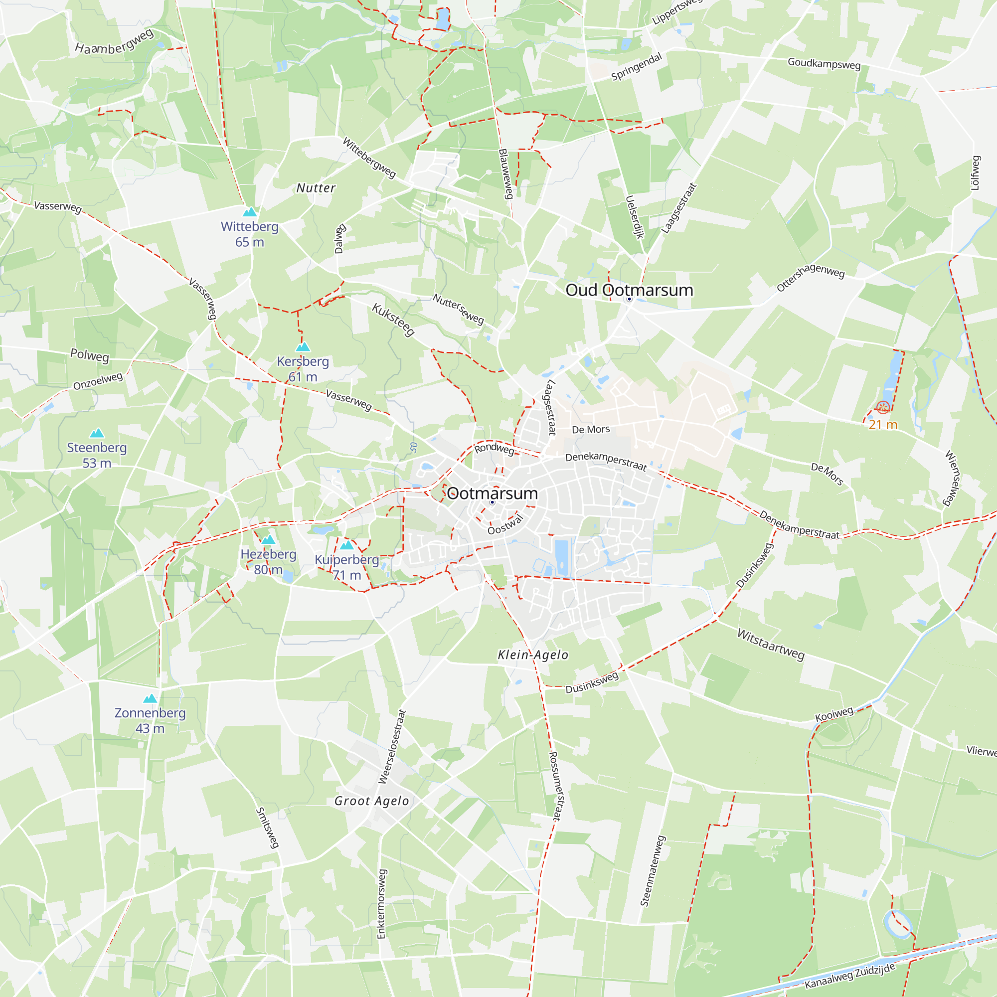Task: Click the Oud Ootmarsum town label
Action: (x=629, y=290)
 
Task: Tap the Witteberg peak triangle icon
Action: (x=250, y=212)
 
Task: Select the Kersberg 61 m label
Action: (x=303, y=368)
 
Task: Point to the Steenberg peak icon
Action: (x=97, y=433)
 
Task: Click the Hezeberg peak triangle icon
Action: (x=268, y=540)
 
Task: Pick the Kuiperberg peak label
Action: (x=346, y=567)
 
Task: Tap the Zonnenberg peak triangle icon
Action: (x=150, y=699)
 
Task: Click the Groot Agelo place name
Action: (x=371, y=801)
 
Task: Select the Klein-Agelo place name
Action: (x=532, y=655)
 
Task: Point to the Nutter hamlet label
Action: (x=316, y=188)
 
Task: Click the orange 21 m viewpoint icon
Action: (x=883, y=407)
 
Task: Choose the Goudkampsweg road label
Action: (x=824, y=63)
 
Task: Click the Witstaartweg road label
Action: (x=771, y=644)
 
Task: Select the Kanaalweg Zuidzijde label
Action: (x=849, y=976)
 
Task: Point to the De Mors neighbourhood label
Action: (x=591, y=429)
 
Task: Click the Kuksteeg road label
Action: (x=393, y=320)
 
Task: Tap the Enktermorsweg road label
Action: (x=381, y=904)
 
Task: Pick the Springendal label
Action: (x=636, y=67)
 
